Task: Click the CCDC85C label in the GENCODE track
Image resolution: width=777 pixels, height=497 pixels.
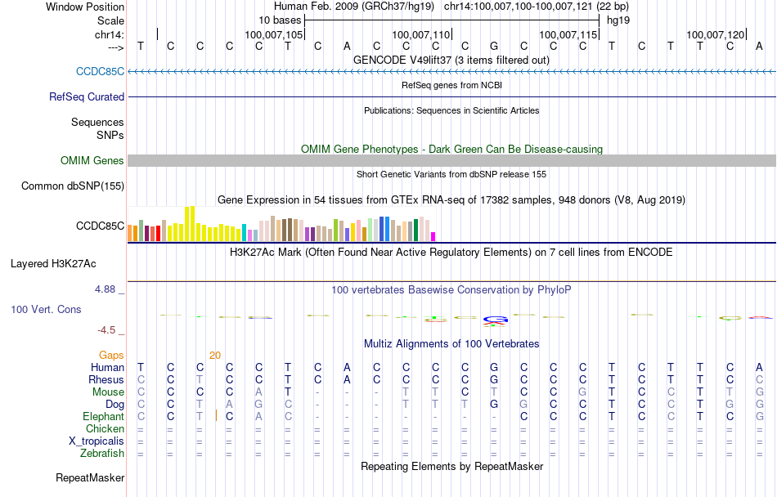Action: (x=100, y=71)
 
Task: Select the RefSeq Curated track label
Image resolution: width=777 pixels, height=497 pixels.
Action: (x=87, y=96)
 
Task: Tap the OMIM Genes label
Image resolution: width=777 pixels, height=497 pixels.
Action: (x=92, y=160)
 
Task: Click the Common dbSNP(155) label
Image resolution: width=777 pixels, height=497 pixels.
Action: (x=73, y=186)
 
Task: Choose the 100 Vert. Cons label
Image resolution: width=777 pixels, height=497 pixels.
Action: (x=47, y=310)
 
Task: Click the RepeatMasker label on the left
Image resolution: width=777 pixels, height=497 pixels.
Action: (x=90, y=477)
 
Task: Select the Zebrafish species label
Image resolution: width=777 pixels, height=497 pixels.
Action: (x=102, y=453)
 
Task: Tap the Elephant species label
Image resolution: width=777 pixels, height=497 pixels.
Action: (x=103, y=416)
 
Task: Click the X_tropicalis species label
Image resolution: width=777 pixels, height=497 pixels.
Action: (x=97, y=441)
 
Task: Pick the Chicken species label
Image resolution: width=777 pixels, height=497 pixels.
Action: (x=106, y=428)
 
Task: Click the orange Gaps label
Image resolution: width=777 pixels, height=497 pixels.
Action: (x=112, y=355)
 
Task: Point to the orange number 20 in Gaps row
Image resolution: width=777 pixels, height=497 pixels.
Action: (x=215, y=355)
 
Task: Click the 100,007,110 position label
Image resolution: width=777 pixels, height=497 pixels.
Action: (x=421, y=34)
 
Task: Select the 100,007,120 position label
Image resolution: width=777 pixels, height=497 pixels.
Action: (x=716, y=34)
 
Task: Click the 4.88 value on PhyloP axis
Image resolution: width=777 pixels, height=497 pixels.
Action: (x=106, y=289)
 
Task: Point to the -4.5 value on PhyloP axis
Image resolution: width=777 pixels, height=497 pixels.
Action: (x=107, y=330)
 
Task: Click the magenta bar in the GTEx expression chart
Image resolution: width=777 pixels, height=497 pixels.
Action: (x=433, y=236)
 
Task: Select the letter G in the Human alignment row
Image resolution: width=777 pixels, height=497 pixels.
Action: (x=494, y=367)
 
